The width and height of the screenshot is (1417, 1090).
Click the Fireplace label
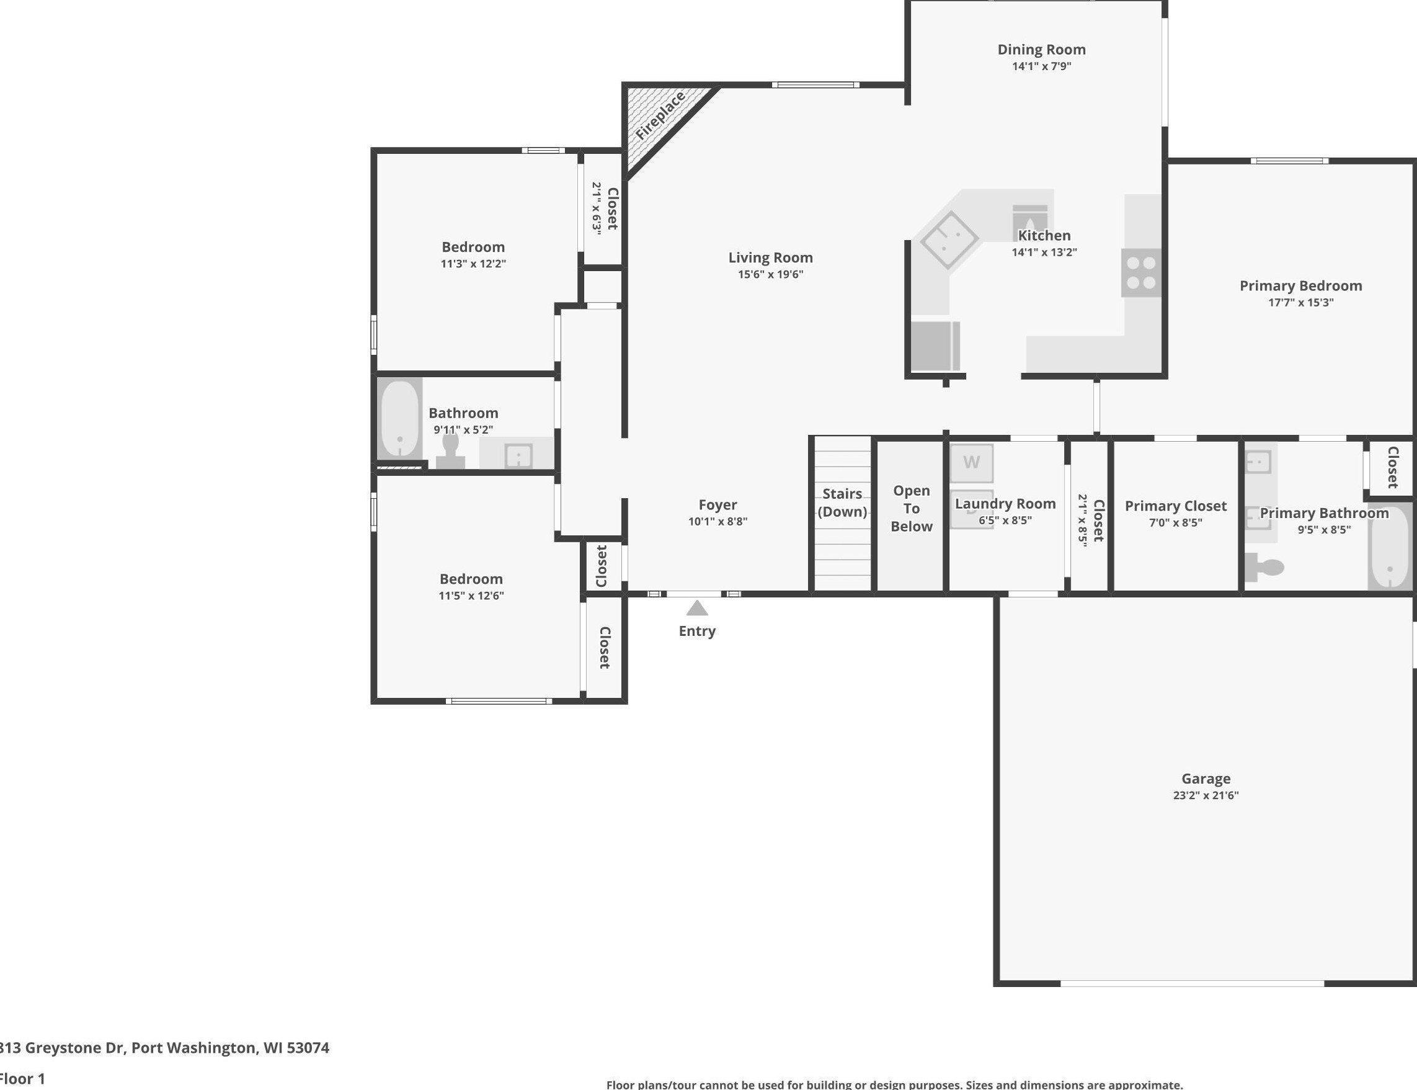coord(660,115)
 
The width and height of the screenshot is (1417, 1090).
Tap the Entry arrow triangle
coord(697,608)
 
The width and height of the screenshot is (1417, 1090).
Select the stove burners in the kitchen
coord(1142,273)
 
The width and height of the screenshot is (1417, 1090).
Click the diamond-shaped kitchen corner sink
coord(949,239)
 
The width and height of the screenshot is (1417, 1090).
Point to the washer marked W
coord(972,463)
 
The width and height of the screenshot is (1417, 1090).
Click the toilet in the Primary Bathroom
coord(1264,568)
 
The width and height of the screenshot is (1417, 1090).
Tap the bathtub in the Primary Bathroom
coord(1390,548)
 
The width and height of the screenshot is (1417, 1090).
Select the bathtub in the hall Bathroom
coord(399,417)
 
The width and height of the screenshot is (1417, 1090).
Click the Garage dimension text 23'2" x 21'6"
coord(1206,795)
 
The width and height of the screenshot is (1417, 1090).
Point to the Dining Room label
coord(1042,49)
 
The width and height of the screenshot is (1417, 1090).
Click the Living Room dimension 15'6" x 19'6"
coord(770,274)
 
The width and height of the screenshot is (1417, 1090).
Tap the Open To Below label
coord(911,509)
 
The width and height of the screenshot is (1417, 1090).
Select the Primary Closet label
coord(1176,506)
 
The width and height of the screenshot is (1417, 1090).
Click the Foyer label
coord(718,505)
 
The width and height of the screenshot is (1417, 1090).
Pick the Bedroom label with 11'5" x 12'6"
coord(471,579)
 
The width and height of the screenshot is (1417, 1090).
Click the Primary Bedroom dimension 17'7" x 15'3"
coord(1301,302)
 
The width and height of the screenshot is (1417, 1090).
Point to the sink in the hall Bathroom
coord(518,455)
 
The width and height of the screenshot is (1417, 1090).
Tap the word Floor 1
coord(23,1079)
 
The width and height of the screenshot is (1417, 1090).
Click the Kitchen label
coord(1044,236)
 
